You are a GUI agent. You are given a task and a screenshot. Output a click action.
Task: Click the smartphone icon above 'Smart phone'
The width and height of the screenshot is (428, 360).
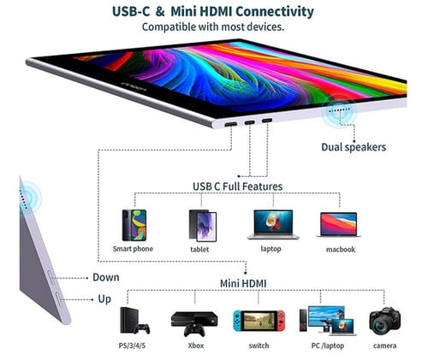(x=134, y=225)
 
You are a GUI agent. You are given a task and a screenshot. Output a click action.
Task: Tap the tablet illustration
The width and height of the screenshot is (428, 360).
(x=203, y=226)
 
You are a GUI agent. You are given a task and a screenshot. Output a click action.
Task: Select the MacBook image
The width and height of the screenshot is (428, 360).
(x=339, y=225)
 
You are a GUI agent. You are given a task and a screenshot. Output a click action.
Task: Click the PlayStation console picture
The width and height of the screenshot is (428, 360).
(x=134, y=321)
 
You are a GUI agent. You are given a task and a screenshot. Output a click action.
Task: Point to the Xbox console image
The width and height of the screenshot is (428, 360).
(x=194, y=324)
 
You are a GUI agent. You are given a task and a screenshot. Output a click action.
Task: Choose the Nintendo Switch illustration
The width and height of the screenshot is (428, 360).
(x=259, y=321)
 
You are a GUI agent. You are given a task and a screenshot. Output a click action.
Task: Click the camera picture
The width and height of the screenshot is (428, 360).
(x=384, y=321)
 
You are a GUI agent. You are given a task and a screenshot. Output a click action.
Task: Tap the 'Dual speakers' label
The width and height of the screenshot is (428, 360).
(x=354, y=147)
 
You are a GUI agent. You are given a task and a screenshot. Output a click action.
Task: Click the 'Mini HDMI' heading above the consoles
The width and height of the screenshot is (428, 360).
(x=243, y=284)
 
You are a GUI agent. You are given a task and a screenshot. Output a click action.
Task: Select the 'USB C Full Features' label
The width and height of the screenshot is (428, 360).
(x=237, y=186)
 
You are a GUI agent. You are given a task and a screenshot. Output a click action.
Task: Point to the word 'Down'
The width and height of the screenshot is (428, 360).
(x=106, y=277)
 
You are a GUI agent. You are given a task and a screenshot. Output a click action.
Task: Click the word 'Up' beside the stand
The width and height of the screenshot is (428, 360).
(x=104, y=299)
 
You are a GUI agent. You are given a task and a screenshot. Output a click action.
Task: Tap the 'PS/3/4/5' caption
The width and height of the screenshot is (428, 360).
(x=132, y=345)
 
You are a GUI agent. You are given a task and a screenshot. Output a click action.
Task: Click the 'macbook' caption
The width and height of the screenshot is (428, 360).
(x=341, y=250)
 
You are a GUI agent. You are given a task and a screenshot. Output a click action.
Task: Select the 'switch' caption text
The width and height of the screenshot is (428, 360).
(x=259, y=345)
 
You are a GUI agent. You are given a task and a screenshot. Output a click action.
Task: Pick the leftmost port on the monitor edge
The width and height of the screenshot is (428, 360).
(x=230, y=125)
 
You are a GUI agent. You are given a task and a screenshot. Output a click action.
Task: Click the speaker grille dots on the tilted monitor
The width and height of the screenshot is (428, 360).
(x=339, y=109)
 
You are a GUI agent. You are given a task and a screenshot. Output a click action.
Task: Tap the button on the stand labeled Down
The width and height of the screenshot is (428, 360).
(x=51, y=277)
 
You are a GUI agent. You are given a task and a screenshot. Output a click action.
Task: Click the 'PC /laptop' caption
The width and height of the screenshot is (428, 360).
(x=328, y=345)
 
